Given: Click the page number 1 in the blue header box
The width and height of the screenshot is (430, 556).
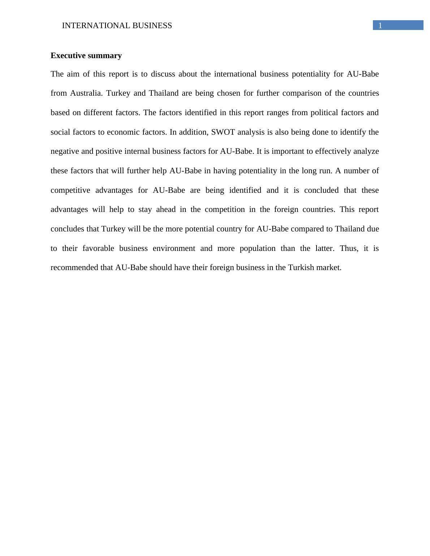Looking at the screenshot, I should [x=380, y=26].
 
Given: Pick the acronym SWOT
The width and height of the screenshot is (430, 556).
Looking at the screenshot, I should [x=223, y=132].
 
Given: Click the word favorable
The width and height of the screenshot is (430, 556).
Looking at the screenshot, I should [x=98, y=248].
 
